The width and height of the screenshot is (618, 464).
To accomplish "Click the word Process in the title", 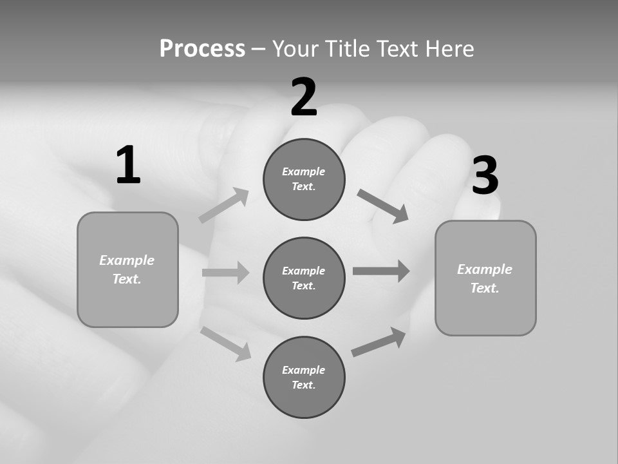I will [x=202, y=48].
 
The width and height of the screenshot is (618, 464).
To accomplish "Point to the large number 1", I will [x=128, y=166].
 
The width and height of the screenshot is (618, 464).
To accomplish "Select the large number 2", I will [x=304, y=98].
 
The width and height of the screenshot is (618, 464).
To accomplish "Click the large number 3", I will [x=485, y=176].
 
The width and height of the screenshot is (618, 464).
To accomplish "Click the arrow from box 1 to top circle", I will [x=224, y=205].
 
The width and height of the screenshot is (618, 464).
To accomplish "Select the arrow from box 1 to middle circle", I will [x=225, y=273].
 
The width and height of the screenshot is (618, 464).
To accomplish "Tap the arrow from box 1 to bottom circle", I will [x=226, y=343].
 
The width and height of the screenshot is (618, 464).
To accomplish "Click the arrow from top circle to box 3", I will [x=382, y=206].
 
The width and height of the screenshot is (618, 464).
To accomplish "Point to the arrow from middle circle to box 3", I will [x=381, y=271].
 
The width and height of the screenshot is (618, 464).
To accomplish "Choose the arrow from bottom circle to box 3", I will [x=379, y=342].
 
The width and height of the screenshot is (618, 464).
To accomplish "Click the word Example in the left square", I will [x=127, y=260].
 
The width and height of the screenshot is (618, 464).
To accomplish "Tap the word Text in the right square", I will [x=483, y=288].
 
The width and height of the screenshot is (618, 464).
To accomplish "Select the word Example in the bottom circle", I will [x=303, y=370].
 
